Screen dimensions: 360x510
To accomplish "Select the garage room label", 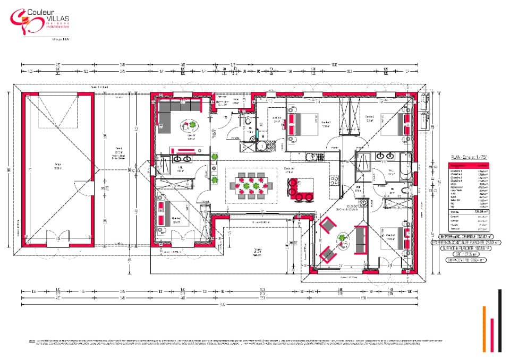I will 57,166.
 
